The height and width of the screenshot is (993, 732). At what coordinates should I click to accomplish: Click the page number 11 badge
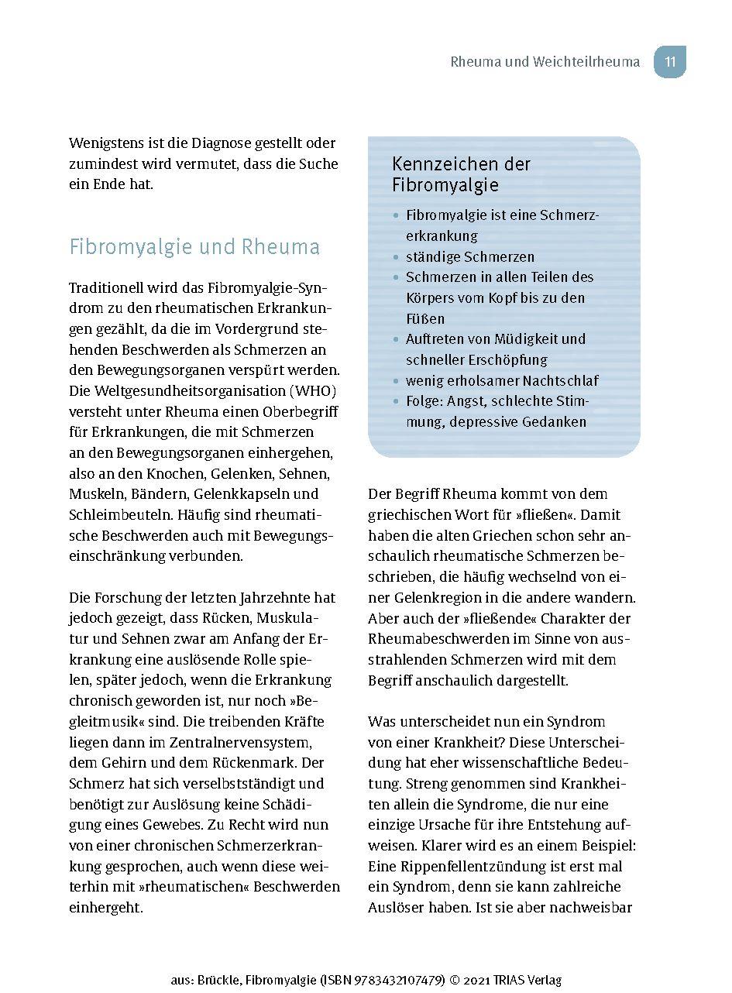[x=670, y=62]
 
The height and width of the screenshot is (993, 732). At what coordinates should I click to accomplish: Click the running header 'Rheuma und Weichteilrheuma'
[x=545, y=62]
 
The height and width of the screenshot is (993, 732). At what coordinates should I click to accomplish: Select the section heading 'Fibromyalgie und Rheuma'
[x=194, y=247]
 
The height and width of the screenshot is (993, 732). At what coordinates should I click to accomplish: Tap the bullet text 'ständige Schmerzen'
[x=470, y=256]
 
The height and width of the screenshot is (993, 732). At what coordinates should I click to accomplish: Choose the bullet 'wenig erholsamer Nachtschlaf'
[x=502, y=380]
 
